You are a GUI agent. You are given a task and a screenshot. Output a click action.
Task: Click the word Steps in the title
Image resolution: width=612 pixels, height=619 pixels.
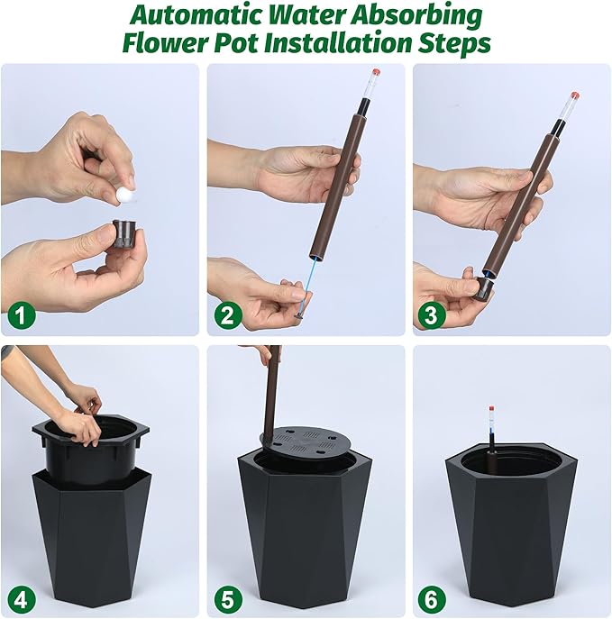455,42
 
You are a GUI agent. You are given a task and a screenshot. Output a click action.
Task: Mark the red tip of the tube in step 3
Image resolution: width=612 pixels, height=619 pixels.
574,95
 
